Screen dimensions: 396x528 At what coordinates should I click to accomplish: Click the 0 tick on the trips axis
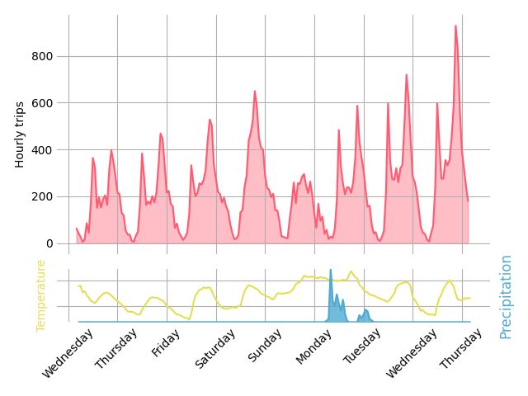coord(49,243)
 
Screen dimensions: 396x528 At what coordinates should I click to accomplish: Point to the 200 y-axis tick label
coord(44,196)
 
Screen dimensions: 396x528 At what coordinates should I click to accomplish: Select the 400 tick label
coord(44,150)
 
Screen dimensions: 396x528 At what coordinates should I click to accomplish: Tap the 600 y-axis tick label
coord(44,103)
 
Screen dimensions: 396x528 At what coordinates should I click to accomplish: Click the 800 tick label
coord(44,56)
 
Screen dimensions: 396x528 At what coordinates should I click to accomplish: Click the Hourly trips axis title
coord(21,134)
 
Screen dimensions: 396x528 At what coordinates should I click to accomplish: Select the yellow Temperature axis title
coord(40,296)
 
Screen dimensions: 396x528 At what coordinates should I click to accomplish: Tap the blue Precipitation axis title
coord(506,296)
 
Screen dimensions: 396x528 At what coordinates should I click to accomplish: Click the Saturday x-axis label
coord(214,349)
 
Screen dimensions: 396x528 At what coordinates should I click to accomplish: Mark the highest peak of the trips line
coord(455,26)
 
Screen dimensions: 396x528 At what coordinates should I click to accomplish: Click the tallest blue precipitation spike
coord(331,270)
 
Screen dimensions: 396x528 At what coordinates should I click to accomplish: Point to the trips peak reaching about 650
coord(255,91)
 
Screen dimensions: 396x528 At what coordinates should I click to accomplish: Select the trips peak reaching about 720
coord(407,75)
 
